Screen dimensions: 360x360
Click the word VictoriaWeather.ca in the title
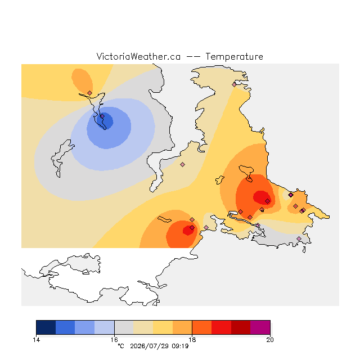138,56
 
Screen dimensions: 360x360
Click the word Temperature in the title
234,56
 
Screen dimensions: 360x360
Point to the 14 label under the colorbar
36,340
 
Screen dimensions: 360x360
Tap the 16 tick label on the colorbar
114,340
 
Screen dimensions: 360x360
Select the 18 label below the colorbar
192,340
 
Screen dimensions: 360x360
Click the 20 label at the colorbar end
270,340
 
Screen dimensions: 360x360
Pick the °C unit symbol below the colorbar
121,346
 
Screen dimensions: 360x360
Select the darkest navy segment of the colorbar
46,327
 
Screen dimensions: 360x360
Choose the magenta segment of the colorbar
260,327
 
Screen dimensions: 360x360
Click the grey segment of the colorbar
124,327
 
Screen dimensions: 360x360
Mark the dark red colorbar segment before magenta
241,327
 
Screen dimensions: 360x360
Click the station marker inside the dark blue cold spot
102,116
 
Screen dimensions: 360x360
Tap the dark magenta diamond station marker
291,195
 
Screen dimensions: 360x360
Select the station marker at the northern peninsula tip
234,84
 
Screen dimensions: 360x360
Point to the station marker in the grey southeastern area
299,238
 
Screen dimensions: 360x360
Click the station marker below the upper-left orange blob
90,93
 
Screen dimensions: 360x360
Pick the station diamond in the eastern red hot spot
268,201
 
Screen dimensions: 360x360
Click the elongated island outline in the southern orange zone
164,219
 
